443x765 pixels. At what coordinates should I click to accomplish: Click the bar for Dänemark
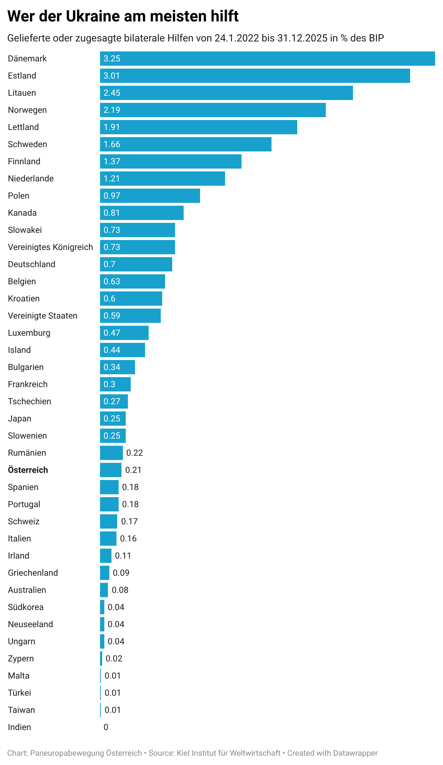pos(267,59)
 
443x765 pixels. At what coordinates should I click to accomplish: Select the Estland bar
pos(255,76)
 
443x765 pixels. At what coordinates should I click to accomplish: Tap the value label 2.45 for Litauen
pos(112,93)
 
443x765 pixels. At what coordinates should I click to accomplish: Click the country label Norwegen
pos(27,110)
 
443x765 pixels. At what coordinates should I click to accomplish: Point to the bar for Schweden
pos(185,144)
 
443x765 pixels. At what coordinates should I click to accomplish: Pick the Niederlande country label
pos(31,179)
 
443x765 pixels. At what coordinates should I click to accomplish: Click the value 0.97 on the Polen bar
pos(112,196)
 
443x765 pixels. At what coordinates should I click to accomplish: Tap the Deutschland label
pos(31,264)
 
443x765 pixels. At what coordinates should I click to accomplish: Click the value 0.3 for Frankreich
pos(109,384)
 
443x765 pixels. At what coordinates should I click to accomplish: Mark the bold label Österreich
pos(28,470)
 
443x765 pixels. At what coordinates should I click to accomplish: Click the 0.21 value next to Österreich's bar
pos(133,470)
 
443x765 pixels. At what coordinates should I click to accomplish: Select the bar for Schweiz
pos(108,521)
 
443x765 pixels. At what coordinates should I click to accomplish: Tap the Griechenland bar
pos(104,573)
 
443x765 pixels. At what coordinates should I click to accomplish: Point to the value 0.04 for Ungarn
pos(116,641)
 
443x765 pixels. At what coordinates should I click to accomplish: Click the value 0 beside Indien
pos(106,727)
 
